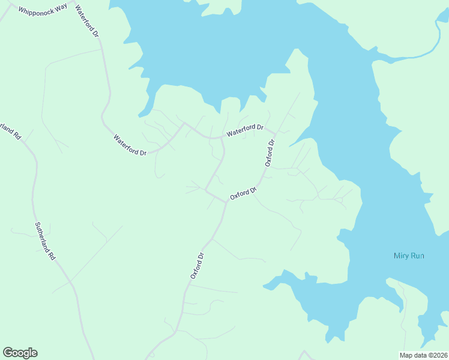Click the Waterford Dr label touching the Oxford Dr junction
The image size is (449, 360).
tap(245, 130)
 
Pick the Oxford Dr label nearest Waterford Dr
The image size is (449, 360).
tap(270, 153)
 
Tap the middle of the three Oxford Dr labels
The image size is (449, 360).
tap(244, 194)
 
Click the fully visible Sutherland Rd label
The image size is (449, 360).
tap(45, 241)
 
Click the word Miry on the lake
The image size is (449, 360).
tap(401, 256)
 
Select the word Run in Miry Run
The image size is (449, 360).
tap(418, 256)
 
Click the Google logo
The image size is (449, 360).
tap(20, 353)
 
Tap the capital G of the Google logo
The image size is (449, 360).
tap(8, 353)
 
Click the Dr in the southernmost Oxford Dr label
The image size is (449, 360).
tap(202, 256)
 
